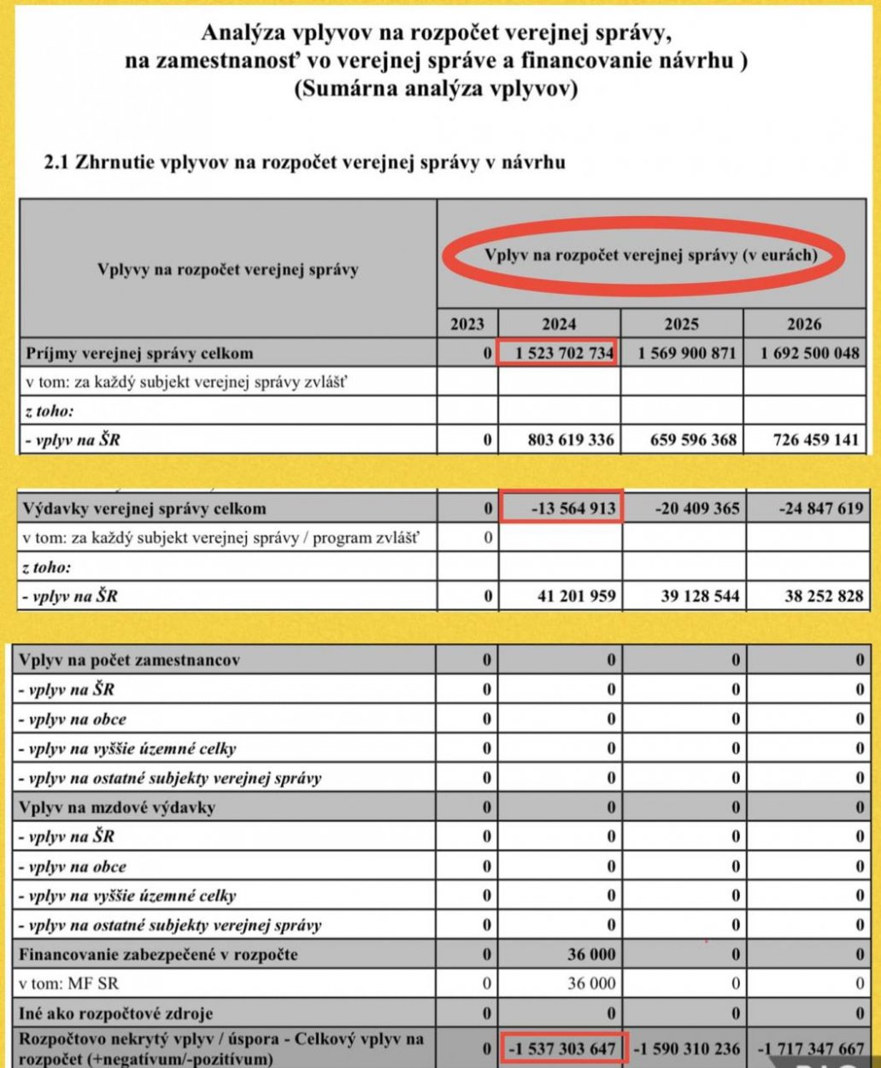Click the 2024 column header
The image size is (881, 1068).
[559, 324]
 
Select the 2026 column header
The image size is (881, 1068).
[804, 324]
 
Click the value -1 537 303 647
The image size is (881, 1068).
[564, 1048]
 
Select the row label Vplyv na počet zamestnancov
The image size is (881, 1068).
[129, 660]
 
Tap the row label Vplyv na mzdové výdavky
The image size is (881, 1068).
[116, 807]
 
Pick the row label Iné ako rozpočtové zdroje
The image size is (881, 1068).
[115, 1013]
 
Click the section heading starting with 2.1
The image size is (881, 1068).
[304, 161]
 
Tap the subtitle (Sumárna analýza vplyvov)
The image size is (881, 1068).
[435, 89]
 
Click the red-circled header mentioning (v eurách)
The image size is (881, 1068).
[650, 255]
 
